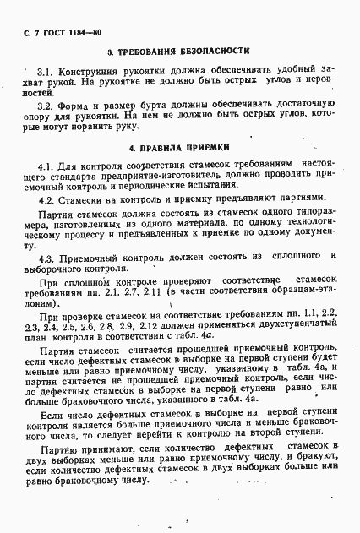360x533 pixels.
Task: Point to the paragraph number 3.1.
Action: coord(46,73)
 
